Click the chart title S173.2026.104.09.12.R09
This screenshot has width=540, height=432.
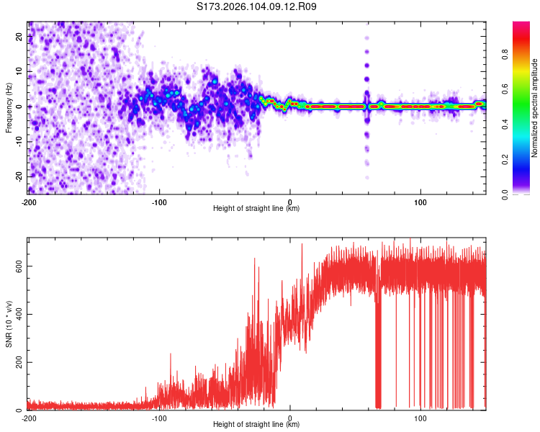(x=257, y=7)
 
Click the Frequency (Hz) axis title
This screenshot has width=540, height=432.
(x=9, y=107)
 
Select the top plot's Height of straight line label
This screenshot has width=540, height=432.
(x=256, y=208)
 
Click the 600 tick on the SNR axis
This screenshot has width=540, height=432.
(x=18, y=266)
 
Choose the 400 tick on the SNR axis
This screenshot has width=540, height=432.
(x=18, y=315)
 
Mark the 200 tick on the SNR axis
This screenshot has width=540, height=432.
(x=18, y=362)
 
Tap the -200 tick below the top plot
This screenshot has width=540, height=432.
(x=28, y=201)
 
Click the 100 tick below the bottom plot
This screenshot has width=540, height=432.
(x=420, y=417)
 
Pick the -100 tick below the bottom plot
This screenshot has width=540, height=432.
(x=159, y=417)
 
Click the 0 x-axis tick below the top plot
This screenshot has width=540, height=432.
(x=290, y=201)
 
